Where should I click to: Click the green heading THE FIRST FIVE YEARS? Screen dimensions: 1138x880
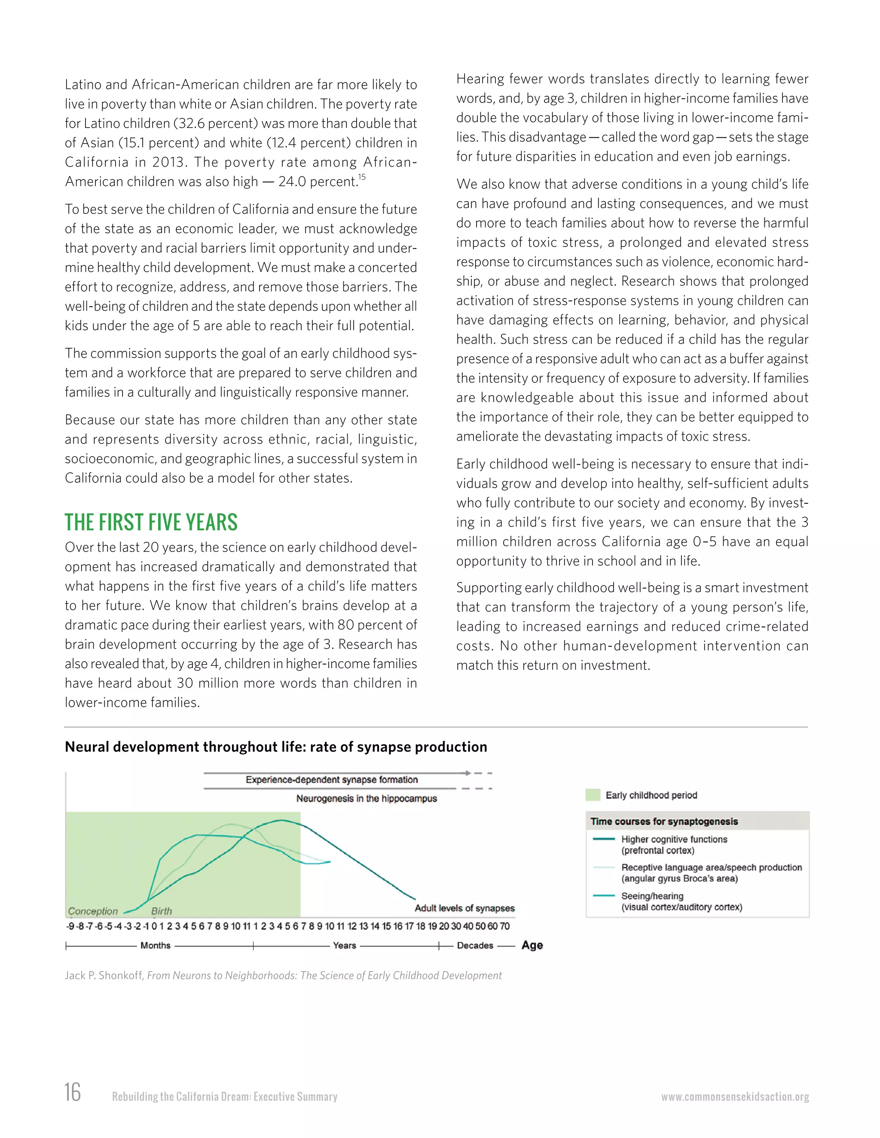[151, 522]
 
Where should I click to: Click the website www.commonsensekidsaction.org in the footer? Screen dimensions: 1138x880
[735, 1096]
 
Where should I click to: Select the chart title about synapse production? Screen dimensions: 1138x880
[276, 747]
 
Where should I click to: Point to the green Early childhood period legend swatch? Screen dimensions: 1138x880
[593, 795]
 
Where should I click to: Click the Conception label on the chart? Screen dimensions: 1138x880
[93, 911]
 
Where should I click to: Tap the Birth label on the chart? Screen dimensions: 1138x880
[161, 911]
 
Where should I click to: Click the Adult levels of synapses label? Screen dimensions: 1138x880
[464, 908]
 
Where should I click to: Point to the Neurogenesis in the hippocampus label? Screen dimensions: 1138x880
[367, 798]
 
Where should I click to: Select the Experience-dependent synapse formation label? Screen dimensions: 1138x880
[332, 779]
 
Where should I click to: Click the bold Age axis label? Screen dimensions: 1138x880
[532, 945]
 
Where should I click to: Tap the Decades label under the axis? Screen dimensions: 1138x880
[475, 945]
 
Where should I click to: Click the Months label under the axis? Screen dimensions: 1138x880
[156, 945]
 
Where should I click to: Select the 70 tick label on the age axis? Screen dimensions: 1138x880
[504, 926]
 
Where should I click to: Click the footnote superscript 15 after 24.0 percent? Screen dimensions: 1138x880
[362, 177]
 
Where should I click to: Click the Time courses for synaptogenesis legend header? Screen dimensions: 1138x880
[664, 821]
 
